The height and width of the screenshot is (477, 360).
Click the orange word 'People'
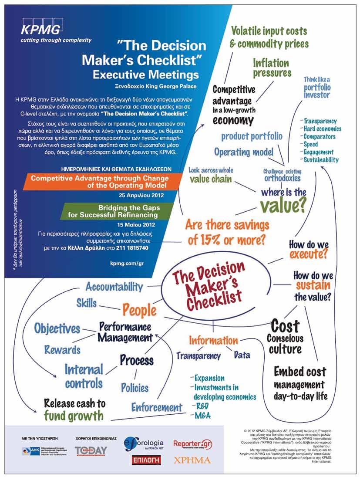[139, 310]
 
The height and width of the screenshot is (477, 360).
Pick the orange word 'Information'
[213, 340]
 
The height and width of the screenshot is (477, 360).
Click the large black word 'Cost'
[285, 325]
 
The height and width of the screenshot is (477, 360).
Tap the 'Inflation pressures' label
[272, 68]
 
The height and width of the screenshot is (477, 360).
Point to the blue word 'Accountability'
[114, 287]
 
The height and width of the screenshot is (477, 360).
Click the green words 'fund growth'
[74, 415]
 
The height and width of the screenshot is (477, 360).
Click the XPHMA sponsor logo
[192, 460]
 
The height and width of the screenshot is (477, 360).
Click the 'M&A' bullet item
[202, 416]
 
